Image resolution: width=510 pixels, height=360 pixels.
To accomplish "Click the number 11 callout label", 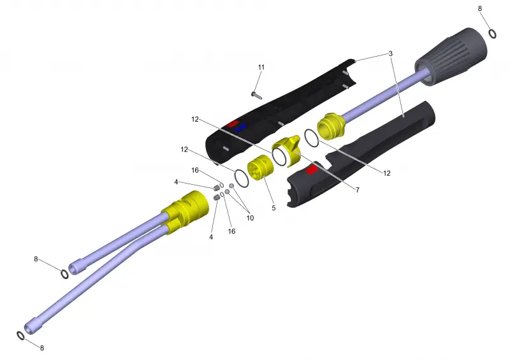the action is point(261,68).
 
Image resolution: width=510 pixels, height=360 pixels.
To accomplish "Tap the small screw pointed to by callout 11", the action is point(257,95).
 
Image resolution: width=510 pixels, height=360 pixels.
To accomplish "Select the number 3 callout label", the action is point(391,54).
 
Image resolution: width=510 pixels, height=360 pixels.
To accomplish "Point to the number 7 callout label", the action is point(358,190).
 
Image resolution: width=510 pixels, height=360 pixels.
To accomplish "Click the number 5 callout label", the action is point(273,208).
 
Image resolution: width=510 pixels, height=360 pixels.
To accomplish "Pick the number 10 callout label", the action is point(250,218).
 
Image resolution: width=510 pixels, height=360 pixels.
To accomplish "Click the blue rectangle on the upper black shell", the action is point(240,127).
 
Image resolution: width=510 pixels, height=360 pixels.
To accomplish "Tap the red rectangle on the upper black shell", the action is point(233,124).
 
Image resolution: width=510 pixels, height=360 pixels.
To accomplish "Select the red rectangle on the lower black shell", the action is point(312,169).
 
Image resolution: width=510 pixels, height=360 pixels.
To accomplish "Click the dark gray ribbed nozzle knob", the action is point(451,57).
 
